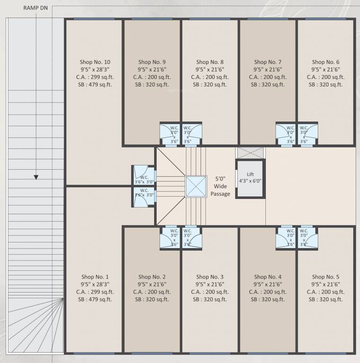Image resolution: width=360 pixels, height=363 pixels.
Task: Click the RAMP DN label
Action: click(36, 8)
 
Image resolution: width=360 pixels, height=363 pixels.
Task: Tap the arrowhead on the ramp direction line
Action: click(36, 177)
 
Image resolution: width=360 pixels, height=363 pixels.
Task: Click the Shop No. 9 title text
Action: click(152, 62)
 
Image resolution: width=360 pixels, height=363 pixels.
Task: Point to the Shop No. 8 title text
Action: click(210, 62)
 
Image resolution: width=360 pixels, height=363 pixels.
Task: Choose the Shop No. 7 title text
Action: click(268, 62)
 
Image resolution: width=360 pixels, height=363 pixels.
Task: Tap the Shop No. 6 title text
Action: click(325, 62)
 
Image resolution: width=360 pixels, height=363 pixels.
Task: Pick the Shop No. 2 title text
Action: click(152, 277)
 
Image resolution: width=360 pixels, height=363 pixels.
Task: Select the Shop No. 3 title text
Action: click(210, 277)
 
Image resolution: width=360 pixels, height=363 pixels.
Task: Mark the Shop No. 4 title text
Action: click(268, 277)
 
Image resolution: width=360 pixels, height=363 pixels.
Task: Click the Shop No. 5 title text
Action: click(325, 277)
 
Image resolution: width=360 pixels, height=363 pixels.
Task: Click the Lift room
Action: click(251, 178)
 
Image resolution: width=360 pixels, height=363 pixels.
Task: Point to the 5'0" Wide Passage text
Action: click(220, 186)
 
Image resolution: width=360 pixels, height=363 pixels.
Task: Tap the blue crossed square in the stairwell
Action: click(196, 186)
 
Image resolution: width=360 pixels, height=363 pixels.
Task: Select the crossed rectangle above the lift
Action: click(251, 153)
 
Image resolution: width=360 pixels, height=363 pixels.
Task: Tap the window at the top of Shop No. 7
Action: click(268, 19)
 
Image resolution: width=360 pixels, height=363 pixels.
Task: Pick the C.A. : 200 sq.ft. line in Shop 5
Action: click(325, 292)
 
